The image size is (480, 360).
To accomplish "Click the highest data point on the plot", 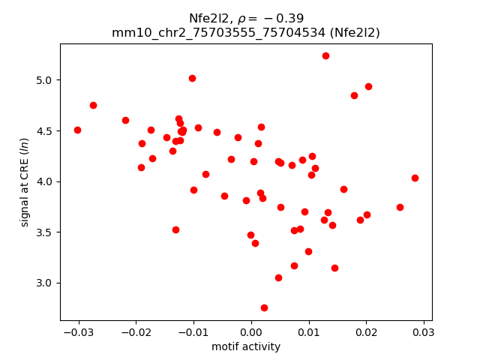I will [325, 55].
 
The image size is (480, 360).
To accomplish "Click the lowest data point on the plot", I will [264, 307].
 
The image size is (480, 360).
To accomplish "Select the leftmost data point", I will [77, 130].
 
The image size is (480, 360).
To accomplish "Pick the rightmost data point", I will [415, 178].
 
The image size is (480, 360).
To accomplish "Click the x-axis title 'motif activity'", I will [246, 346].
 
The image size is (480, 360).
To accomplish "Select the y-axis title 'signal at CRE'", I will [25, 181].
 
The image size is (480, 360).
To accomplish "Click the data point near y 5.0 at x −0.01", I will [192, 78].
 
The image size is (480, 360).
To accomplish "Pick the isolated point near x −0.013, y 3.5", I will [175, 229].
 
